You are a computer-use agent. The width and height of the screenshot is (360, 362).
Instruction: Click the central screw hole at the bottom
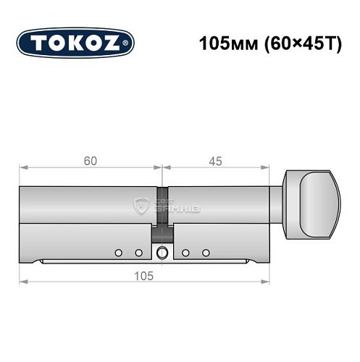click(162, 253)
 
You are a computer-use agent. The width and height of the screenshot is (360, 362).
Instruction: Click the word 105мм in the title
click(225, 43)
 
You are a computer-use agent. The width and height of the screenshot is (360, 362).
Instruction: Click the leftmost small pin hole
click(117, 253)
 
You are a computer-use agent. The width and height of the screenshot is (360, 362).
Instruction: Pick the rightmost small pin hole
click(206, 253)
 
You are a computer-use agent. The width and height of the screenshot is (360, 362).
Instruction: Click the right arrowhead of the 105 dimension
click(267, 282)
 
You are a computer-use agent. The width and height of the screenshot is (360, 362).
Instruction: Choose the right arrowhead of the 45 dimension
click(267, 168)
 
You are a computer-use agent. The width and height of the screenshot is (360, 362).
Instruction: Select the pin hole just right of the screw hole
click(186, 253)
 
